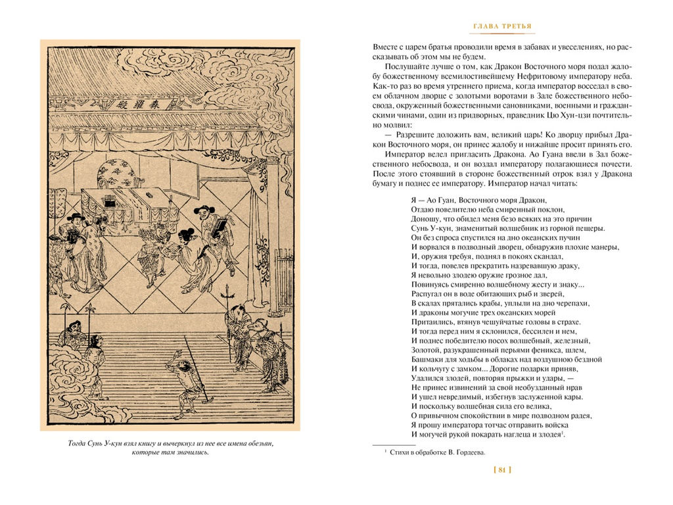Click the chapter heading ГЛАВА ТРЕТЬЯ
click(x=503, y=26)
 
